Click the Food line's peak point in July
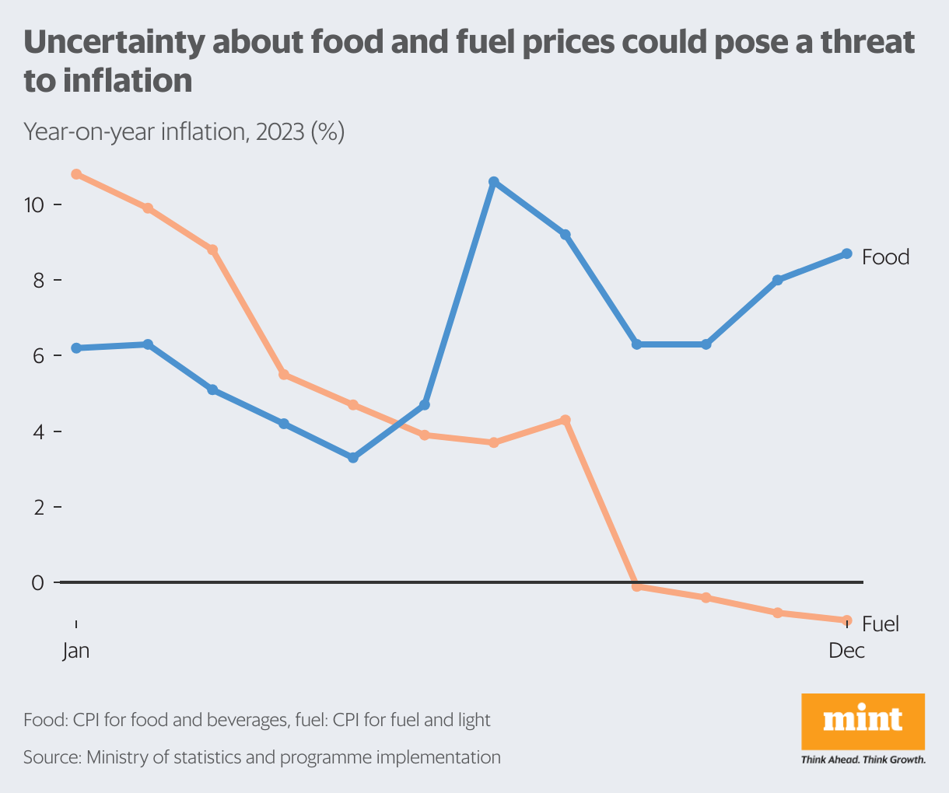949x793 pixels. [493, 182]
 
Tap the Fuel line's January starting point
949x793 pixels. [76, 174]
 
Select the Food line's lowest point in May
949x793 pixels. [353, 458]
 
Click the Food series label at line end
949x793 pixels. [885, 257]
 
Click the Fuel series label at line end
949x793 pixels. [881, 624]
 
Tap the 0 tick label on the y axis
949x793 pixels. [37, 582]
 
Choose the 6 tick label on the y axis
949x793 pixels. [37, 355]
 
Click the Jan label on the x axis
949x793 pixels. [76, 650]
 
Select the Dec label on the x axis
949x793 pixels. [846, 650]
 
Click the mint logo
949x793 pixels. [863, 721]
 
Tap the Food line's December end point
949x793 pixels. [847, 253]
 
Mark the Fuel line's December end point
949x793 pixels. [847, 620]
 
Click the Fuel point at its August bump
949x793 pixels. [566, 420]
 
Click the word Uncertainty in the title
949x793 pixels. [112, 42]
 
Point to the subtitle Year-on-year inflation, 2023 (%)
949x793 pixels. [184, 131]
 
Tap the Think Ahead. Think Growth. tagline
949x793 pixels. [863, 760]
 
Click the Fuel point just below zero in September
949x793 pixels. [636, 586]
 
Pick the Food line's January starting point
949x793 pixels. [76, 348]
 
